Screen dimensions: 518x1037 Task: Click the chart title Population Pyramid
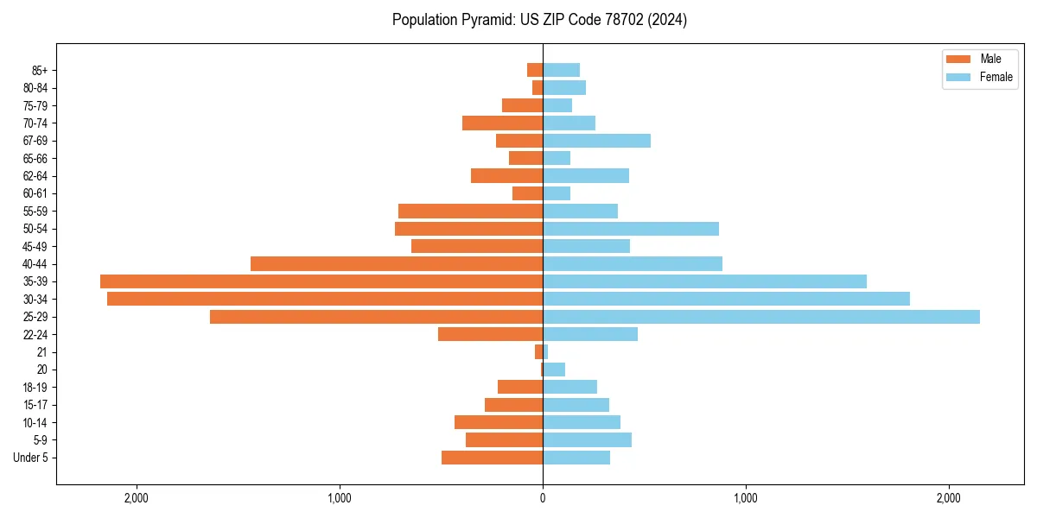(539, 20)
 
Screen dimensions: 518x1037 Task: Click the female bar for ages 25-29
(760, 317)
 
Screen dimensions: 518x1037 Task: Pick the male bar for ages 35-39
(321, 281)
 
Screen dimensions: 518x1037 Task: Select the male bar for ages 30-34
(325, 299)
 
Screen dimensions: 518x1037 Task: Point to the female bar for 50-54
(631, 229)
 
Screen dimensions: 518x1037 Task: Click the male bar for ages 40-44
(397, 264)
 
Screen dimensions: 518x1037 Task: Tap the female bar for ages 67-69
(596, 141)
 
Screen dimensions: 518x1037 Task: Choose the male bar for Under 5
(492, 458)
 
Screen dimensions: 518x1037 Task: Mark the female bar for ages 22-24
(590, 334)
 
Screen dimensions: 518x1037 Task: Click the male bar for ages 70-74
(502, 123)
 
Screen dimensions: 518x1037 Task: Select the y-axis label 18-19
(35, 388)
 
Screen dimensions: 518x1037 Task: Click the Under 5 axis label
(30, 458)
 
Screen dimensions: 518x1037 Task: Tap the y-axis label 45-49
(35, 246)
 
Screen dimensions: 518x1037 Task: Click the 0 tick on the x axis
(543, 498)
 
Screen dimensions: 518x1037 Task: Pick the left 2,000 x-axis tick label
(137, 498)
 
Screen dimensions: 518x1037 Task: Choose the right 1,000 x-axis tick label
(746, 498)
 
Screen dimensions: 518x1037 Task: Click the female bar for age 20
(554, 370)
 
